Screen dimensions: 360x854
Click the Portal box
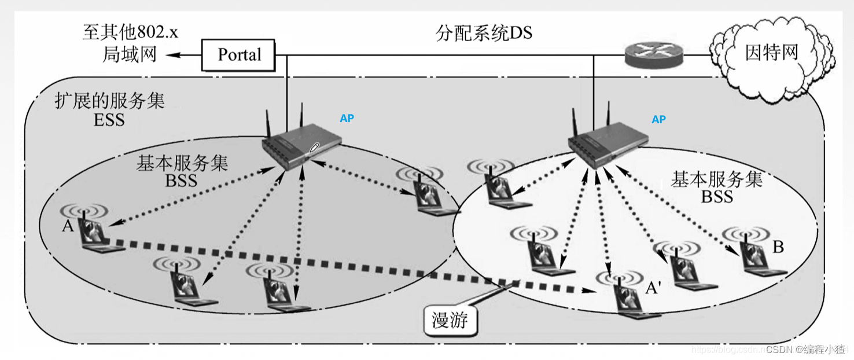(239, 55)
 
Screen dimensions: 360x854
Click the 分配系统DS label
(484, 33)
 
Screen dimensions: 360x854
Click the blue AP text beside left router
(347, 119)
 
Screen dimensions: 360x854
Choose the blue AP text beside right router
(658, 120)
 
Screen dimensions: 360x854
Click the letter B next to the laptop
(778, 247)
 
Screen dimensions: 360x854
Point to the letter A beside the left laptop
(68, 226)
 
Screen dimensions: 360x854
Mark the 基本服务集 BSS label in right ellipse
(716, 187)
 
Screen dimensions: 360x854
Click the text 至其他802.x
(130, 32)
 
